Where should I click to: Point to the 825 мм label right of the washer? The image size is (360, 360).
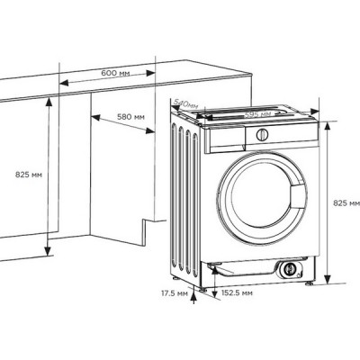point(346,203)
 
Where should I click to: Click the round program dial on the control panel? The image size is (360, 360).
point(263,135)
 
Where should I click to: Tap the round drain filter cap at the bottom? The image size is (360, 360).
point(290,268)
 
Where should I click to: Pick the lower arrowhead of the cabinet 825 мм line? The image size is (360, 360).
point(46,248)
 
